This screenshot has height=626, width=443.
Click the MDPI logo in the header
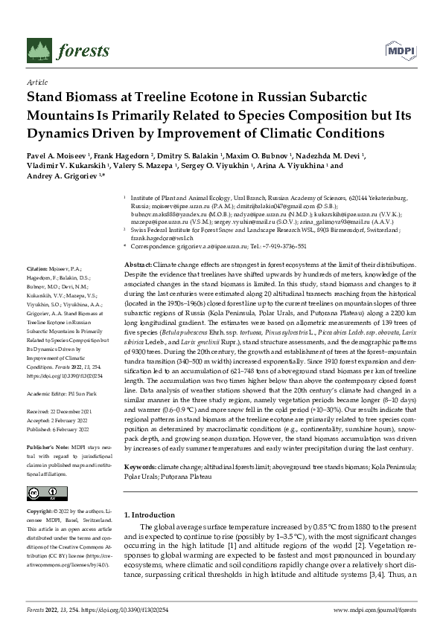[401, 50]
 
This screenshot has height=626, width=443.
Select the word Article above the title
[36, 83]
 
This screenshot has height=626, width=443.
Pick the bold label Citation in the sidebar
[37, 266]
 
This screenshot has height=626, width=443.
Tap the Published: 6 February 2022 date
[62, 408]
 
